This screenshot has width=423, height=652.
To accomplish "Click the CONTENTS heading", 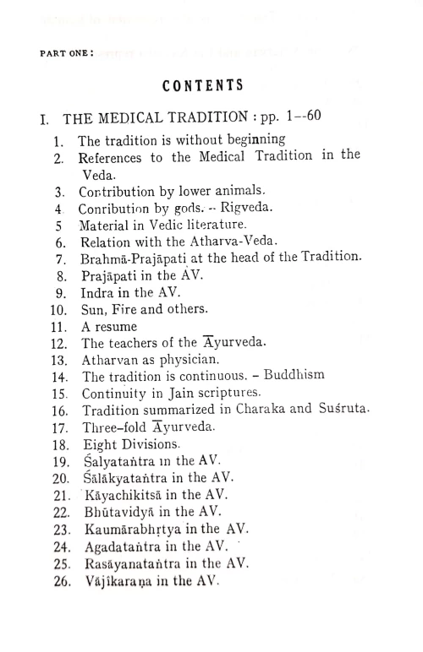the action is pos(202,84).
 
